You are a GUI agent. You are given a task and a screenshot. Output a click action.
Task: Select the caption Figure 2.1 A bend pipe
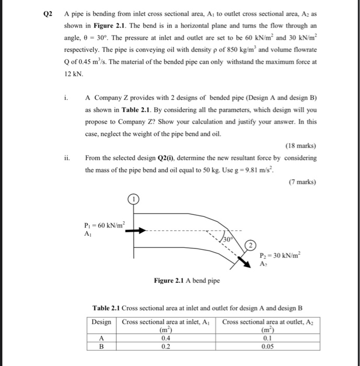(186, 280)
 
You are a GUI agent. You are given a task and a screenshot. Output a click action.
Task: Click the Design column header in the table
(101, 322)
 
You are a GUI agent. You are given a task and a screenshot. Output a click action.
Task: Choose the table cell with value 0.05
(270, 346)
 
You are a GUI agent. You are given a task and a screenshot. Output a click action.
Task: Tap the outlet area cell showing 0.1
(270, 338)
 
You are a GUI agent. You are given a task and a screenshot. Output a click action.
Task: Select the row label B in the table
(102, 346)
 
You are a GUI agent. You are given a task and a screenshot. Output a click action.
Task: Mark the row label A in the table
(102, 338)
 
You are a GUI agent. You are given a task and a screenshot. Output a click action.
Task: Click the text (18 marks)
(300, 146)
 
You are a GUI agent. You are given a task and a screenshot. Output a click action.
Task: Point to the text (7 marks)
(301, 182)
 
